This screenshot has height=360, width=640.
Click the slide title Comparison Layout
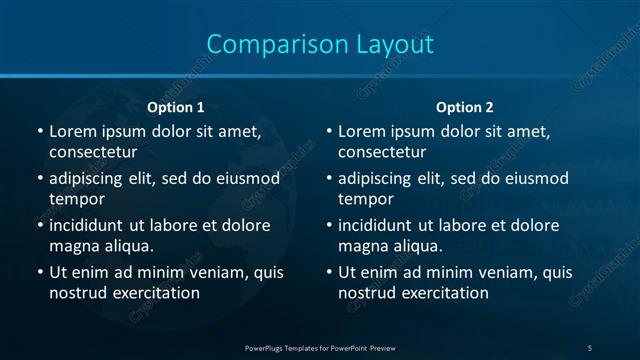pyautogui.click(x=320, y=44)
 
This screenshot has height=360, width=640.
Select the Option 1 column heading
pyautogui.click(x=176, y=107)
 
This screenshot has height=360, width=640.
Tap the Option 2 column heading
pyautogui.click(x=465, y=107)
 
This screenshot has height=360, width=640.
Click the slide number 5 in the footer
pyautogui.click(x=590, y=347)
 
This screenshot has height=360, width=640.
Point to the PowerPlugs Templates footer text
pyautogui.click(x=320, y=347)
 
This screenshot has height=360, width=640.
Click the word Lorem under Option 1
pyautogui.click(x=72, y=131)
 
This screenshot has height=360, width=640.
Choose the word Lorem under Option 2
pyautogui.click(x=361, y=131)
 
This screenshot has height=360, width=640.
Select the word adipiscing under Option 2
pyautogui.click(x=378, y=179)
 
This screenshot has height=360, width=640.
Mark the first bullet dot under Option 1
pyautogui.click(x=39, y=132)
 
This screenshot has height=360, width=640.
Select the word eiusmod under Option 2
pyautogui.click(x=535, y=179)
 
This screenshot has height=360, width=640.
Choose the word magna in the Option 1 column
pyautogui.click(x=72, y=246)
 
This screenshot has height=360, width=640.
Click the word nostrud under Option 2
pyautogui.click(x=368, y=293)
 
